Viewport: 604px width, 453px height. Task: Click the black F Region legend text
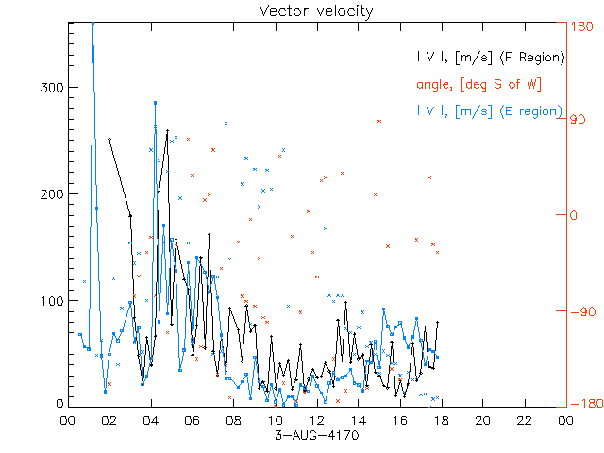click(491, 58)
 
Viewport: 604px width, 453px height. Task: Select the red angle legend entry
click(478, 84)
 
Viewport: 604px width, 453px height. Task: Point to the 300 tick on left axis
click(50, 88)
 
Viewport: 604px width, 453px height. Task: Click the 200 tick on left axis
click(50, 194)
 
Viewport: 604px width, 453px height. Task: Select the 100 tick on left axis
click(50, 301)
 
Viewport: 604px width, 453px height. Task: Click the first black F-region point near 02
click(109, 139)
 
